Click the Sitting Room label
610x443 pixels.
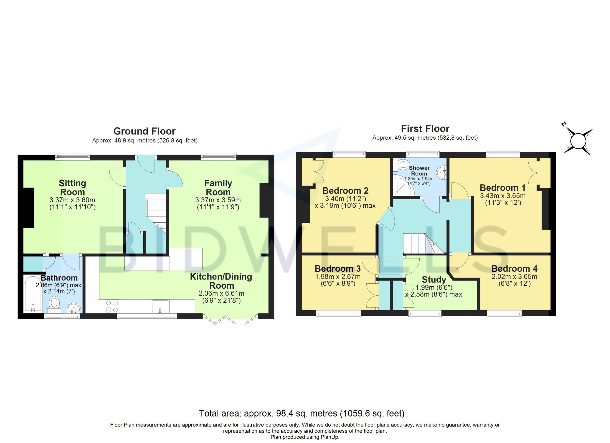point(72,188)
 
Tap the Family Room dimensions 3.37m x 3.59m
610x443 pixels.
point(218,200)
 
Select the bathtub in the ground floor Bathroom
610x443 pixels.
point(33,294)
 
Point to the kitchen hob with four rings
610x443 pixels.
point(112,306)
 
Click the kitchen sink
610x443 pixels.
point(160,306)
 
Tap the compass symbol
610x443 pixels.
point(578,141)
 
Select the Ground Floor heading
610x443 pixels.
point(144,131)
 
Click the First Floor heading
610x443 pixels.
point(425,129)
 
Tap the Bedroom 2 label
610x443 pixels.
point(345,191)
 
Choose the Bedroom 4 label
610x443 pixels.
point(514,269)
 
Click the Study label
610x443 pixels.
point(434,280)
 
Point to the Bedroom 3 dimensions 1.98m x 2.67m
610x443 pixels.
point(338,277)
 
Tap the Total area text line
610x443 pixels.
point(302,414)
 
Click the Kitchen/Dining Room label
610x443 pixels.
point(221,281)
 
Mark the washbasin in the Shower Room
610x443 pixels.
point(442,172)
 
